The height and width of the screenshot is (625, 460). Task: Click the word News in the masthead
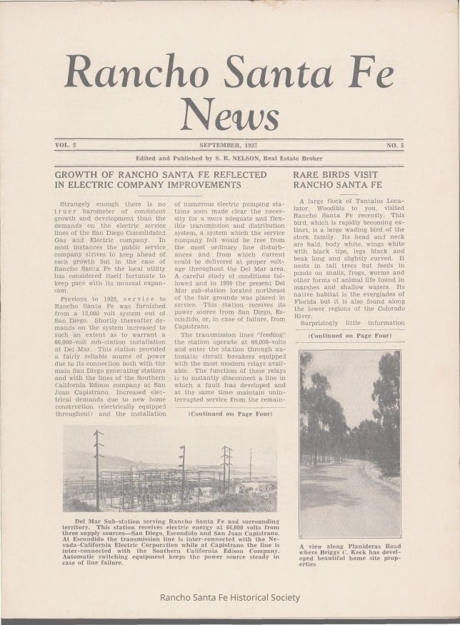[x=229, y=114]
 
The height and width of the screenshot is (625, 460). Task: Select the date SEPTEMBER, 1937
[x=228, y=145]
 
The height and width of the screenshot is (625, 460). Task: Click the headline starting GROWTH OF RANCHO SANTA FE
[x=161, y=174]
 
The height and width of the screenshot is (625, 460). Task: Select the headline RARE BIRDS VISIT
[x=336, y=174]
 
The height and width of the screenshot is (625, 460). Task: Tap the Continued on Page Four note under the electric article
[x=229, y=414]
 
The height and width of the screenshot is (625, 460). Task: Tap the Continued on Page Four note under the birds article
[x=349, y=335]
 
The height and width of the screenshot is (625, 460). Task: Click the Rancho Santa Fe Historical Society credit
[x=230, y=597]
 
